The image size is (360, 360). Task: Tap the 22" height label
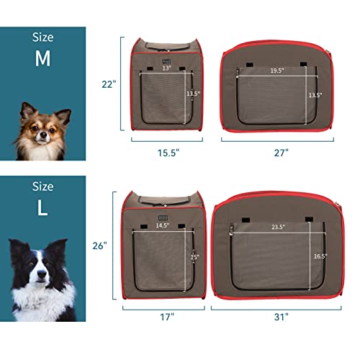click(x=109, y=84)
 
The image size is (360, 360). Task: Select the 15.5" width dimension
click(x=167, y=153)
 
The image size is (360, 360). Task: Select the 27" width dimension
click(x=280, y=153)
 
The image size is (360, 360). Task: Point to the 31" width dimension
click(x=280, y=316)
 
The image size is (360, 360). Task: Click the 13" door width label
click(x=166, y=69)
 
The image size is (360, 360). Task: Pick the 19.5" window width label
click(x=277, y=71)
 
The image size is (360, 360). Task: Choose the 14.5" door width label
click(x=163, y=225)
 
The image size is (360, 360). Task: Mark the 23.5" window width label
click(x=278, y=228)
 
